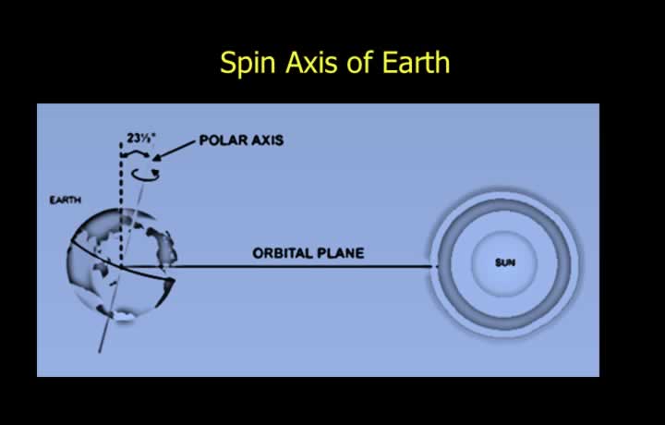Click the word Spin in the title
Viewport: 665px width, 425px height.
coord(248,64)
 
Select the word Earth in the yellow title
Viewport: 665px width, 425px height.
coord(416,62)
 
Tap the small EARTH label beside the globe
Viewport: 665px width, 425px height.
coord(66,200)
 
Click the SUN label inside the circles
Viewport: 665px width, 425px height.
coord(505,263)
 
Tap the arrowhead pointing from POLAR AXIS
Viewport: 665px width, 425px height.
coord(157,158)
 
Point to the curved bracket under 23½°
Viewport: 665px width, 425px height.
coord(135,153)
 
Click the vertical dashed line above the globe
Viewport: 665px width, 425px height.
coord(121,204)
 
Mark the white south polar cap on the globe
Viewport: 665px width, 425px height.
coord(123,316)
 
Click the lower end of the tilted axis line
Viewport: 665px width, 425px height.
coord(99,352)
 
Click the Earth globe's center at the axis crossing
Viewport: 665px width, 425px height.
coord(121,267)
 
